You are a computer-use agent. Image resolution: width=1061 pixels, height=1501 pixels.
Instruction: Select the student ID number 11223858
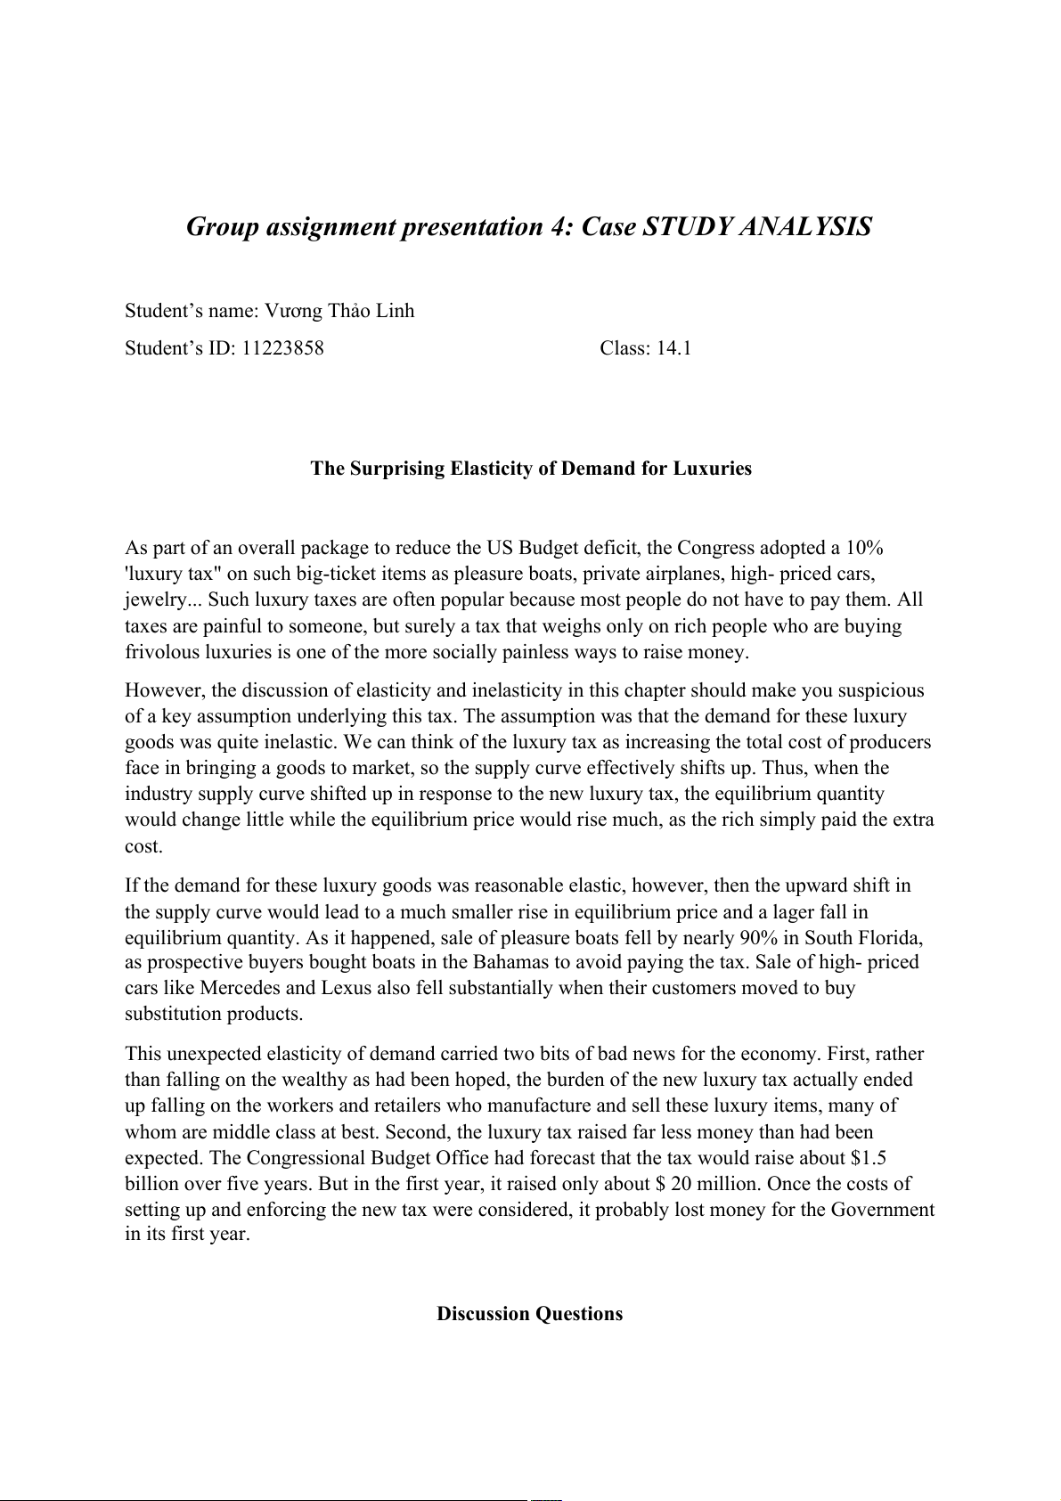coord(282,348)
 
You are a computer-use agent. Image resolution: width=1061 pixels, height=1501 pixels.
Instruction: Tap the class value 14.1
coord(673,348)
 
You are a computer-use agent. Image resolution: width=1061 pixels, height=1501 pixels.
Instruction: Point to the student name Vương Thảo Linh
coord(339,311)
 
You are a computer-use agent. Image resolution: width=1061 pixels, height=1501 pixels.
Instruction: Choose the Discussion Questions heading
coord(529,1314)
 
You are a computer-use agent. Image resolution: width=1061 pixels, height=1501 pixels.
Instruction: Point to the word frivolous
coord(162,652)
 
